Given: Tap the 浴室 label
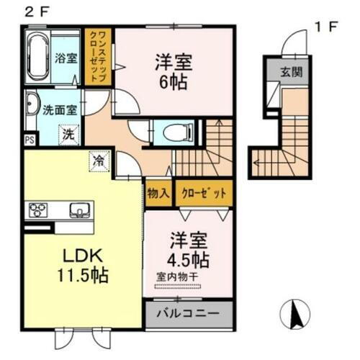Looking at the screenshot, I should tap(66, 58).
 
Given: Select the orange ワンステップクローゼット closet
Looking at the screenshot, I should tap(97, 58).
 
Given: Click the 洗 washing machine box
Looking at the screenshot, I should tap(67, 134).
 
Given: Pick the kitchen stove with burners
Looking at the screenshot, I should tap(37, 210).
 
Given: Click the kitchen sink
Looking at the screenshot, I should tap(79, 210).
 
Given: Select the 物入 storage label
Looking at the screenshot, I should tap(158, 193).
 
